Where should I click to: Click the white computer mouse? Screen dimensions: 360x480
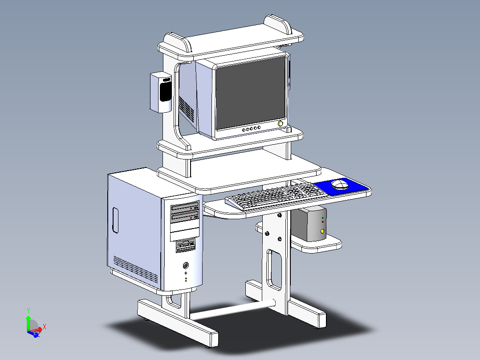(x=340, y=184)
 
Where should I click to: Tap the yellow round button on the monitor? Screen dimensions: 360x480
(x=281, y=123)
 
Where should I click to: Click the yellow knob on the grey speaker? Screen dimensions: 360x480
(x=322, y=231)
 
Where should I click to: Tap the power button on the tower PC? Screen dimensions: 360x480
(x=186, y=266)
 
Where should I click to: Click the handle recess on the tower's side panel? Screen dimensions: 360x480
(x=115, y=220)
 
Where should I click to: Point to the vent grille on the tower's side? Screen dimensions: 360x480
(x=135, y=270)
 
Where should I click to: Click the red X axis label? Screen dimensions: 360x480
(x=45, y=327)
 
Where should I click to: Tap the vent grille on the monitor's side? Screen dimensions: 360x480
(x=187, y=108)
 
